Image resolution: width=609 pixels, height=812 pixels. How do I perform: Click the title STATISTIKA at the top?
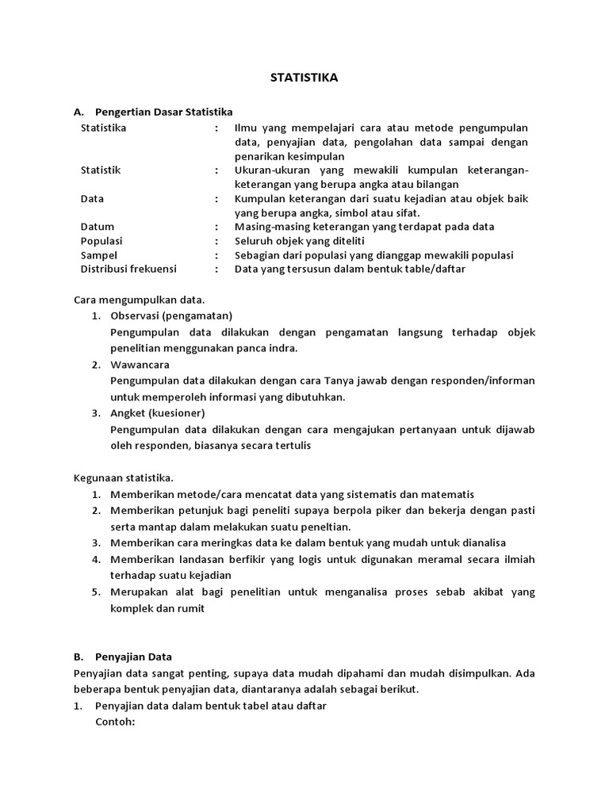pos(304,78)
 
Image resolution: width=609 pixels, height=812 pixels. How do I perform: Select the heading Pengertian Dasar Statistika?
pos(163,113)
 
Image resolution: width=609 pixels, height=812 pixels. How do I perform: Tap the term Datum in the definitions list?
pos(98,227)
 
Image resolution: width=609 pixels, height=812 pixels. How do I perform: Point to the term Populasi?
pos(101,241)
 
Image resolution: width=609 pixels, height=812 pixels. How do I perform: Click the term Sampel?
pos(99,255)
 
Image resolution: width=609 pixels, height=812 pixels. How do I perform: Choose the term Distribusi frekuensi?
pos(128,269)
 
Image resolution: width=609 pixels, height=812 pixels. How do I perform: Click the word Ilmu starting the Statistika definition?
pos(246,128)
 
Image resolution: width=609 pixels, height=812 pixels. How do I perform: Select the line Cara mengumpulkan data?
pos(140,300)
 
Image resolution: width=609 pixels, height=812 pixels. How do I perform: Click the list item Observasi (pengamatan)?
pos(171,315)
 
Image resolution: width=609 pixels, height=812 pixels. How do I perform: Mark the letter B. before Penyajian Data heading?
pos(79,657)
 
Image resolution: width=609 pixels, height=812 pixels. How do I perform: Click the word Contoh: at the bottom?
pos(116,722)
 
